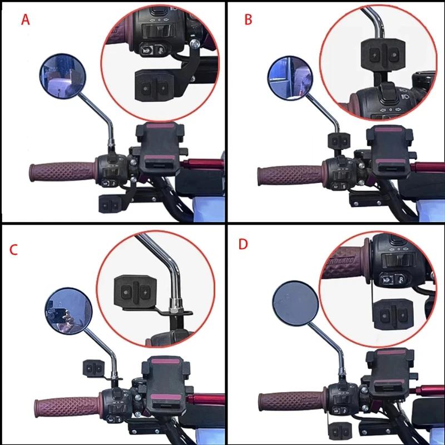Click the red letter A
pyautogui.click(x=25, y=20)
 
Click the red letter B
pyautogui.click(x=248, y=20)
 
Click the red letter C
pyautogui.click(x=13, y=249)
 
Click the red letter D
pyautogui.click(x=243, y=244)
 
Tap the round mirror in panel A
pyautogui.click(x=62, y=76)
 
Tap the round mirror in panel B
pyautogui.click(x=290, y=78)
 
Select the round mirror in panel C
pyautogui.click(x=68, y=310)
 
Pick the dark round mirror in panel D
pyautogui.click(x=296, y=303)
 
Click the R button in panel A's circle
pyautogui.click(x=161, y=50)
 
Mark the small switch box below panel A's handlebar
pyautogui.click(x=110, y=204)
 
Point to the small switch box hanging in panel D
pyautogui.click(x=340, y=431)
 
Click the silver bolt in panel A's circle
pyautogui.click(x=195, y=43)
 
